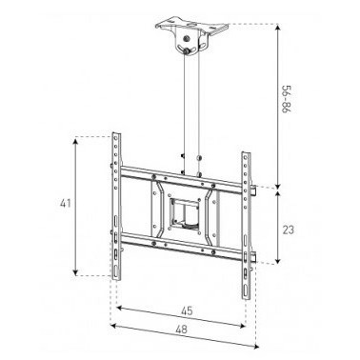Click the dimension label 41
66,203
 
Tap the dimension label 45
187,311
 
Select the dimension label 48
181,330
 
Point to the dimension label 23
289,230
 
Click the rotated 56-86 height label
287,99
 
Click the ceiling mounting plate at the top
191,28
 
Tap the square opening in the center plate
185,212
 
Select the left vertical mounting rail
116,207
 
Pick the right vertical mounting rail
247,226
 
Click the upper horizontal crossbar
185,179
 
